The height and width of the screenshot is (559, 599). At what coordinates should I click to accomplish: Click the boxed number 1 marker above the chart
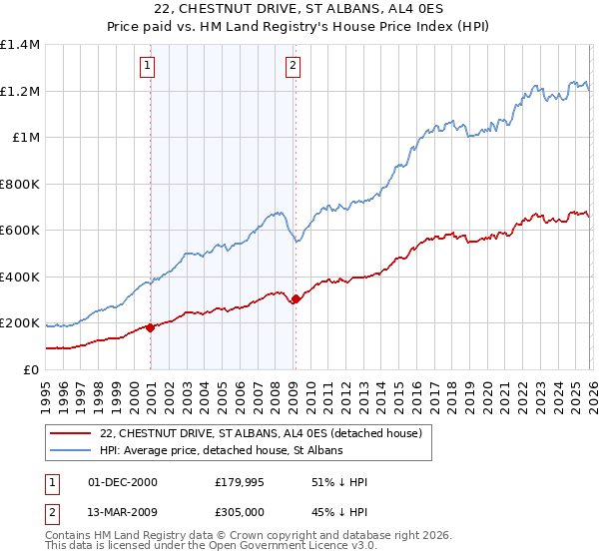(147, 67)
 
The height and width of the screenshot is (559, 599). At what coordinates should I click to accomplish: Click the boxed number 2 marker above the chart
(294, 67)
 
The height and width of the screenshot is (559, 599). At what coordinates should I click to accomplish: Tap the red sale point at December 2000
(151, 327)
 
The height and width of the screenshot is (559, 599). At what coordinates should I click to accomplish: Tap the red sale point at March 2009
(296, 298)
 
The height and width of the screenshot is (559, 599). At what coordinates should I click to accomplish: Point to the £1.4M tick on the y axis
(20, 45)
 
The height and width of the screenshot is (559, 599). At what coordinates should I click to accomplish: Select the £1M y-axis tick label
(25, 138)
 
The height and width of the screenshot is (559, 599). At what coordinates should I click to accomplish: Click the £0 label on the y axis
(30, 370)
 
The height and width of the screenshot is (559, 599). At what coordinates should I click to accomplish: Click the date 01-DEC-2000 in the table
(122, 482)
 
